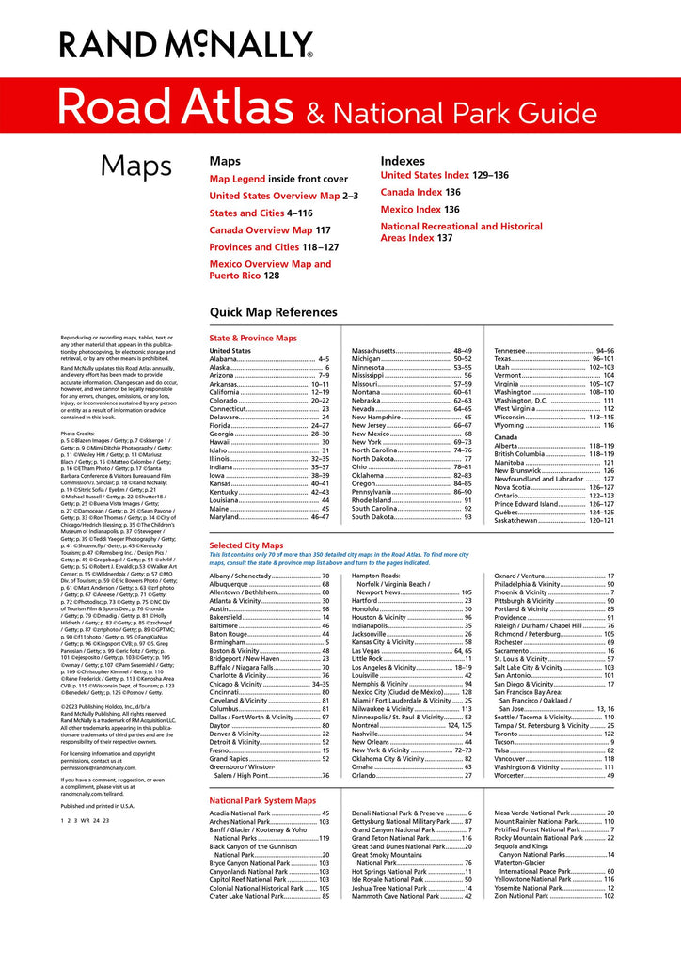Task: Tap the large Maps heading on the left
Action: pyautogui.click(x=136, y=166)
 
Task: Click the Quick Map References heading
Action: pyautogui.click(x=273, y=312)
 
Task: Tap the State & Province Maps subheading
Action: pyautogui.click(x=253, y=338)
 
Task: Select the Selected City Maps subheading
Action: pyautogui.click(x=245, y=545)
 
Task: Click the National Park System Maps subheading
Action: pyautogui.click(x=262, y=800)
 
